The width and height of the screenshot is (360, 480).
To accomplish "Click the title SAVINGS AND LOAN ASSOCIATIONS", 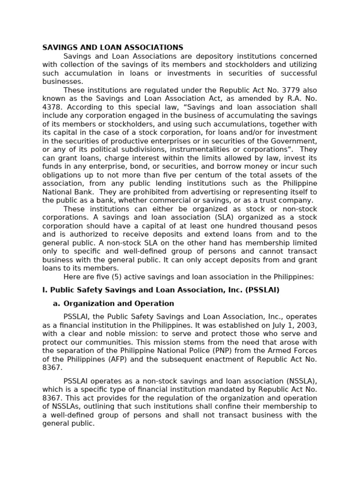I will [x=112, y=47].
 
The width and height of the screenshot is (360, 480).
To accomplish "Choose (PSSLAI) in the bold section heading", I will [x=262, y=290].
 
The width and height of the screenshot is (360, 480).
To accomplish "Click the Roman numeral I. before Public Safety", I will [x=45, y=290].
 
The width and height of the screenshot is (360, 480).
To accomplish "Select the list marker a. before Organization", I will [x=56, y=303].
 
